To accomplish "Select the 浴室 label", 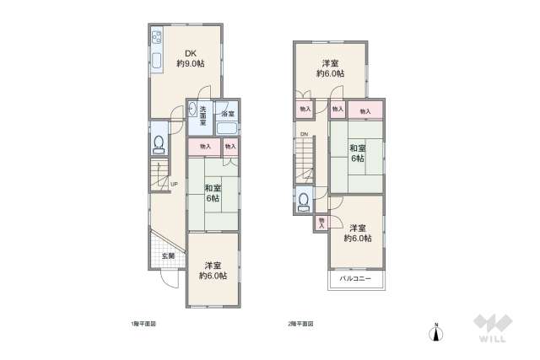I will pyautogui.click(x=228, y=114).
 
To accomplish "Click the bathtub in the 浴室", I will pyautogui.click(x=227, y=129).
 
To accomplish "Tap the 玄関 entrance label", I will pyautogui.click(x=167, y=255).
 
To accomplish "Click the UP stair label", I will pyautogui.click(x=174, y=185).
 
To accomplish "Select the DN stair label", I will pyautogui.click(x=303, y=134).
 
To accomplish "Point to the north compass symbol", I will pyautogui.click(x=435, y=332).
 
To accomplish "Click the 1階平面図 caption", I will pyautogui.click(x=143, y=323).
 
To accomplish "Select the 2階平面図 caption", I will pyautogui.click(x=301, y=323).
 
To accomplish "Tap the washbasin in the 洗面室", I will pyautogui.click(x=193, y=109).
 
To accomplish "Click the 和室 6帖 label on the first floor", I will pyautogui.click(x=212, y=193).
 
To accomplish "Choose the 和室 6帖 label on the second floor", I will pyautogui.click(x=356, y=153).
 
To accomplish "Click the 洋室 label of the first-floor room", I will pyautogui.click(x=213, y=271).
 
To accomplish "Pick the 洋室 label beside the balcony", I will pyautogui.click(x=358, y=233).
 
